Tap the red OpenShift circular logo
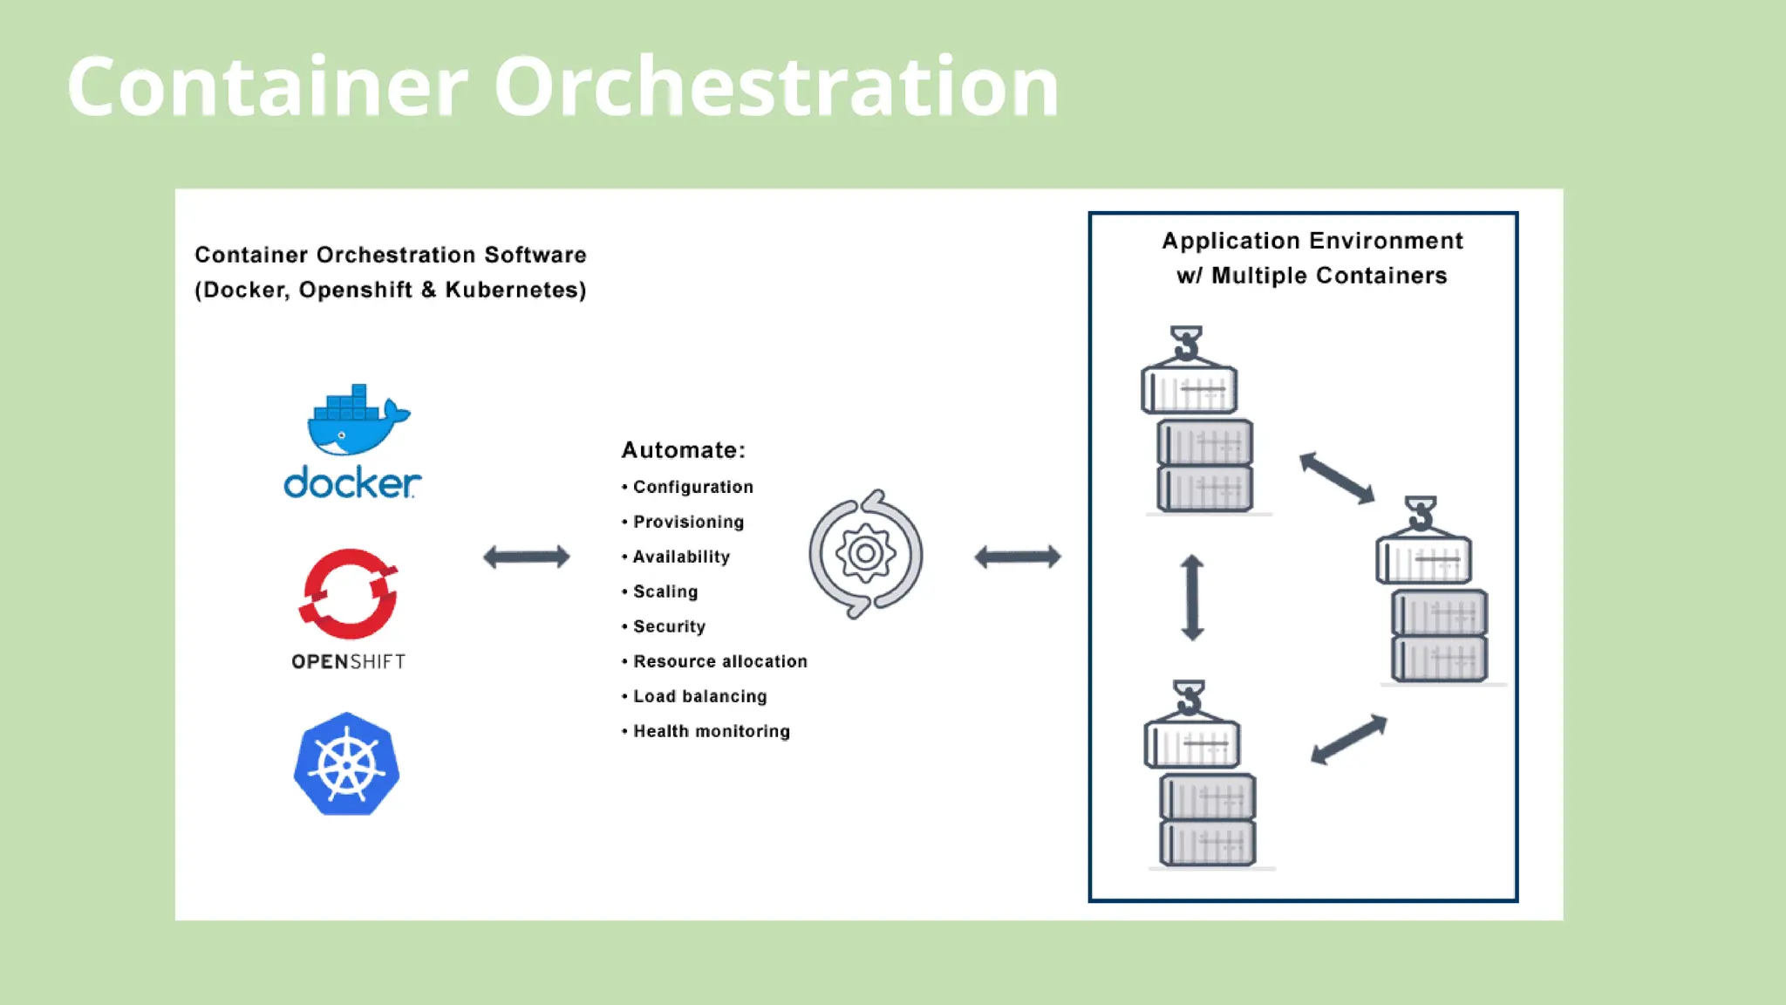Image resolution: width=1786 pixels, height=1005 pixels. point(349,594)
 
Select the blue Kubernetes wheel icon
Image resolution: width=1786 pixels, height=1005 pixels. point(347,765)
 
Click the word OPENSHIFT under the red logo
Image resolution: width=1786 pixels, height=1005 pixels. point(349,662)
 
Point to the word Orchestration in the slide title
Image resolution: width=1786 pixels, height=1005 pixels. point(775,86)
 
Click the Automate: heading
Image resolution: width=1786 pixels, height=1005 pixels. point(683,450)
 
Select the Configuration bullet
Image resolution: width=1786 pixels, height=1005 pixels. point(692,487)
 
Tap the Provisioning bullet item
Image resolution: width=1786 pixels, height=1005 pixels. point(688,522)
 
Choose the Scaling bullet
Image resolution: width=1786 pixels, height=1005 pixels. point(665,591)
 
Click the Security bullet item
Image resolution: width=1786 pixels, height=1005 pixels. point(669,626)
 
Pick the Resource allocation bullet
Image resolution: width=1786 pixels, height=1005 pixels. point(719,661)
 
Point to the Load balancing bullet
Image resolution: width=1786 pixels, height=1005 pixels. point(699,696)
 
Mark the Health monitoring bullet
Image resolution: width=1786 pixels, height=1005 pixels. point(711,731)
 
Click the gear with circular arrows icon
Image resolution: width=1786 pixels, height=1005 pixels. point(865,554)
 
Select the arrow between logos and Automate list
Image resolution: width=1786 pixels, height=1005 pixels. point(527,557)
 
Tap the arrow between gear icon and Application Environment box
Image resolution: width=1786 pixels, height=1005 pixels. point(1018,557)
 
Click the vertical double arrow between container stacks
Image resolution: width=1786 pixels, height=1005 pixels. point(1192,598)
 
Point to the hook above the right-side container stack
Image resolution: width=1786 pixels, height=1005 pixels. point(1421,514)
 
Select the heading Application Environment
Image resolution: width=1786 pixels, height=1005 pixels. point(1312,241)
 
